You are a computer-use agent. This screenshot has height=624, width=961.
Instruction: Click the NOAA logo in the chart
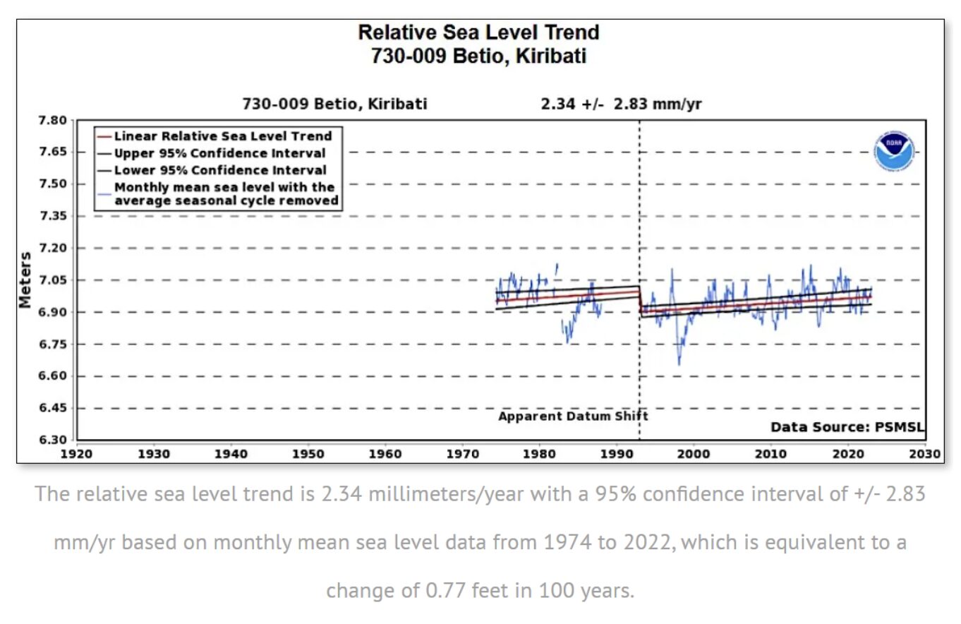895,152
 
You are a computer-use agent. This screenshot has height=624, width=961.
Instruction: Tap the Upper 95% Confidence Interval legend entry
219,153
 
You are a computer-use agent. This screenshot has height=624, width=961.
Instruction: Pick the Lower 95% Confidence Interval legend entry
219,170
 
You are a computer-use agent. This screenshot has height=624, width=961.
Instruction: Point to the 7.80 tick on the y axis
52,120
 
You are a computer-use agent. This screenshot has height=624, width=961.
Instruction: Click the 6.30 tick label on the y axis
52,440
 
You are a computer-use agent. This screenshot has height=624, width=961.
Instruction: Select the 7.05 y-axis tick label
52,280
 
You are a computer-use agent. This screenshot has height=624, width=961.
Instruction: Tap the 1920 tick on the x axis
76,454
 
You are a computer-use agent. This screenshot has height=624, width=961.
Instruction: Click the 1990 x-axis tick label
616,454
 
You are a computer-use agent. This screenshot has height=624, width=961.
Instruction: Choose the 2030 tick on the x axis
925,454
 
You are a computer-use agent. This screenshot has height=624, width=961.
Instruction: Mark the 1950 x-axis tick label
308,454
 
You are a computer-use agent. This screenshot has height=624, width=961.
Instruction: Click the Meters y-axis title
25,280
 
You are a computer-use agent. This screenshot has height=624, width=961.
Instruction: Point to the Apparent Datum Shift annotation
572,416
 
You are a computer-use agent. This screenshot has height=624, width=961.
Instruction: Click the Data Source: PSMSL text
847,427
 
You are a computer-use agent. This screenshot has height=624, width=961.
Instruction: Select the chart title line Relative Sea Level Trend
478,32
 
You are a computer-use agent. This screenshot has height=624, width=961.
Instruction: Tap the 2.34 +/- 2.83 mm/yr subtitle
621,104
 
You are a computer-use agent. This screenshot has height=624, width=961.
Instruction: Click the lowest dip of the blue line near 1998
679,364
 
